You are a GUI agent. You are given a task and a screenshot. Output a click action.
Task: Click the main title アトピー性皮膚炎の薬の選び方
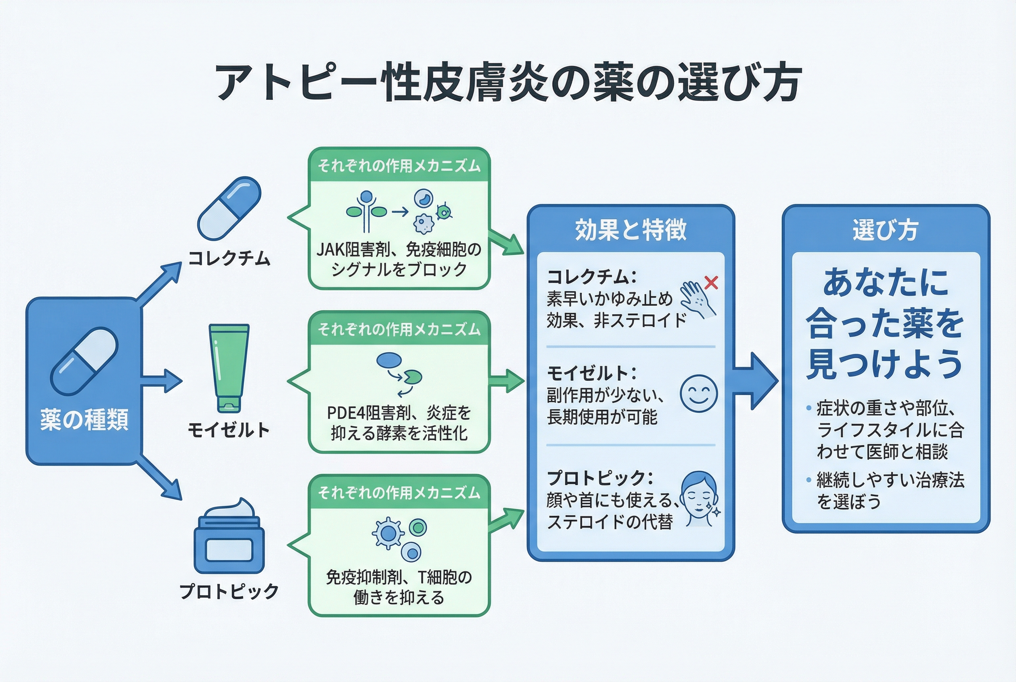(x=508, y=83)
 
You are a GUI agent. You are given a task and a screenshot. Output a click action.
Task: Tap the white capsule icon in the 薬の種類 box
(x=84, y=361)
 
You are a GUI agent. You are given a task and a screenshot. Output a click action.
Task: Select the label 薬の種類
(x=84, y=420)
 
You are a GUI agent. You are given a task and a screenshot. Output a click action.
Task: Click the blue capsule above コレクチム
(x=229, y=208)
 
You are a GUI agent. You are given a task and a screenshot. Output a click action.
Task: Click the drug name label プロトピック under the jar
(x=229, y=592)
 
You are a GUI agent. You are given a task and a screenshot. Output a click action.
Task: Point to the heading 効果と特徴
(x=631, y=230)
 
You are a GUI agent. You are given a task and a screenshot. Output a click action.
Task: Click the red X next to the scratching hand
(x=711, y=283)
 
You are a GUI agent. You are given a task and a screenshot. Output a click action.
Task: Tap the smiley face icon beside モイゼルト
(x=698, y=394)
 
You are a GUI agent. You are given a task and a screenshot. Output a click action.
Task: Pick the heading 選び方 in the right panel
(x=885, y=230)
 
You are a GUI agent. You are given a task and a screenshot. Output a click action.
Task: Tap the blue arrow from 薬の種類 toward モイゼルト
(x=161, y=381)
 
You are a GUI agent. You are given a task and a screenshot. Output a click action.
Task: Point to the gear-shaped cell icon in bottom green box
(x=388, y=533)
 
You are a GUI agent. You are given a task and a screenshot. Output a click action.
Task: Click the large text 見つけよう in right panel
(x=884, y=364)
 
